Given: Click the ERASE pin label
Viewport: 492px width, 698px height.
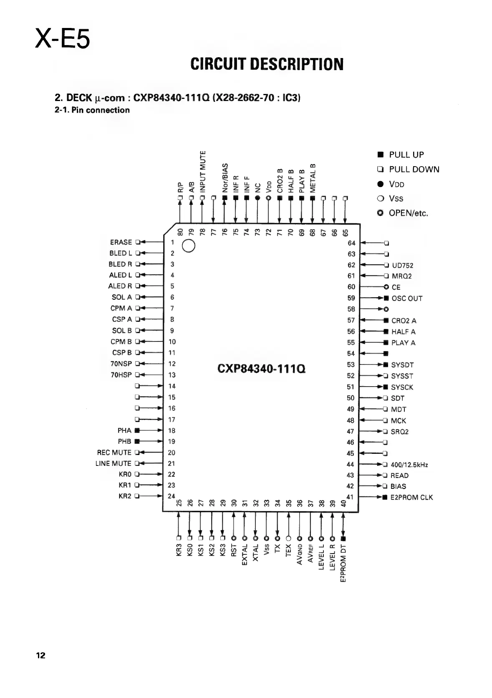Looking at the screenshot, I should (121, 242).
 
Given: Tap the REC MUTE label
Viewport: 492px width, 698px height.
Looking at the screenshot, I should (114, 453).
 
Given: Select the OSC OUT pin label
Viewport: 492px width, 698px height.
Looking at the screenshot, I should (407, 298).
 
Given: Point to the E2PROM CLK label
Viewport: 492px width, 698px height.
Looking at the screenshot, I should (411, 497).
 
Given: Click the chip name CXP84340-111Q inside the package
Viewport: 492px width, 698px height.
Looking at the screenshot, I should (262, 369).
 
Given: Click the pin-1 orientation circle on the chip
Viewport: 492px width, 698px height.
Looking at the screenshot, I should (189, 246).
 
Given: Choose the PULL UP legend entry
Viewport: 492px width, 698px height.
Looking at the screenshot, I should (406, 155).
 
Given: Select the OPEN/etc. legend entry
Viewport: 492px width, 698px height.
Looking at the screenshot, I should (408, 213).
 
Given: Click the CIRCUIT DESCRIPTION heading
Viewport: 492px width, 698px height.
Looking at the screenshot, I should (267, 64).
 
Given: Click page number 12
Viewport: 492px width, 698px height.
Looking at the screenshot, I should (40, 655).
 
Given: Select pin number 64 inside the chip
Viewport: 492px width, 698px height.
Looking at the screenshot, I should (351, 243).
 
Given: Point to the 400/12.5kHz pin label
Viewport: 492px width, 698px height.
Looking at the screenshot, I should (409, 465).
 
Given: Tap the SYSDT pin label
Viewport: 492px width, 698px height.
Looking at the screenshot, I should (402, 365).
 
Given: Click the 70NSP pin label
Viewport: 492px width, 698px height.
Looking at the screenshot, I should (121, 364).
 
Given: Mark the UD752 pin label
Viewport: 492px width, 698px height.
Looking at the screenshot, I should (403, 266).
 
